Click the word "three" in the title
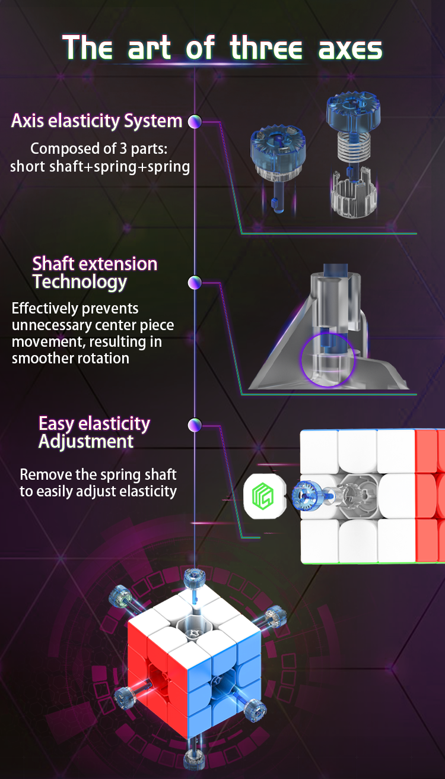pyautogui.click(x=266, y=47)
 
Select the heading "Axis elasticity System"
pyautogui.click(x=97, y=121)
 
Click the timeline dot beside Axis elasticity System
pyautogui.click(x=195, y=121)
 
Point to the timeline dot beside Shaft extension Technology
pyautogui.click(x=195, y=283)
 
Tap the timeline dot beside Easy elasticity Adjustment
pyautogui.click(x=195, y=425)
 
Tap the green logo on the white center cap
pyautogui.click(x=263, y=496)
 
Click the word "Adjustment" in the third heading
pyautogui.click(x=86, y=442)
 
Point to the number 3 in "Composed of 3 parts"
pyautogui.click(x=123, y=148)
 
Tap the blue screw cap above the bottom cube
pyautogui.click(x=195, y=578)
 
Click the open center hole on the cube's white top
pyautogui.click(x=192, y=628)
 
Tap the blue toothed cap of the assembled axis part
pyautogui.click(x=278, y=145)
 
